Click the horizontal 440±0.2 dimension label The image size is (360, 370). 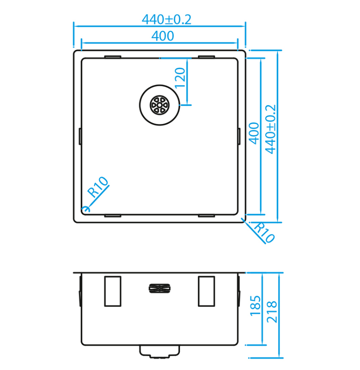tap(167, 19)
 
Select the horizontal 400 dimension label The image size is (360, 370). tap(163, 36)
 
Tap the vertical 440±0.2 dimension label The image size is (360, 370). tap(270, 129)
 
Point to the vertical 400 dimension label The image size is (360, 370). tap(254, 133)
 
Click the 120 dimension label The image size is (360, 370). tap(180, 77)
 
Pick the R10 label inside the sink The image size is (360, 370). tap(98, 187)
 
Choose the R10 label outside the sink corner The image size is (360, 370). tap(264, 232)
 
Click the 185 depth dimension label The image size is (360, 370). tap(255, 306)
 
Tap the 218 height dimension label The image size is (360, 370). tap(272, 312)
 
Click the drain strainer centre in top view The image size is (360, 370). tap(160, 105)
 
